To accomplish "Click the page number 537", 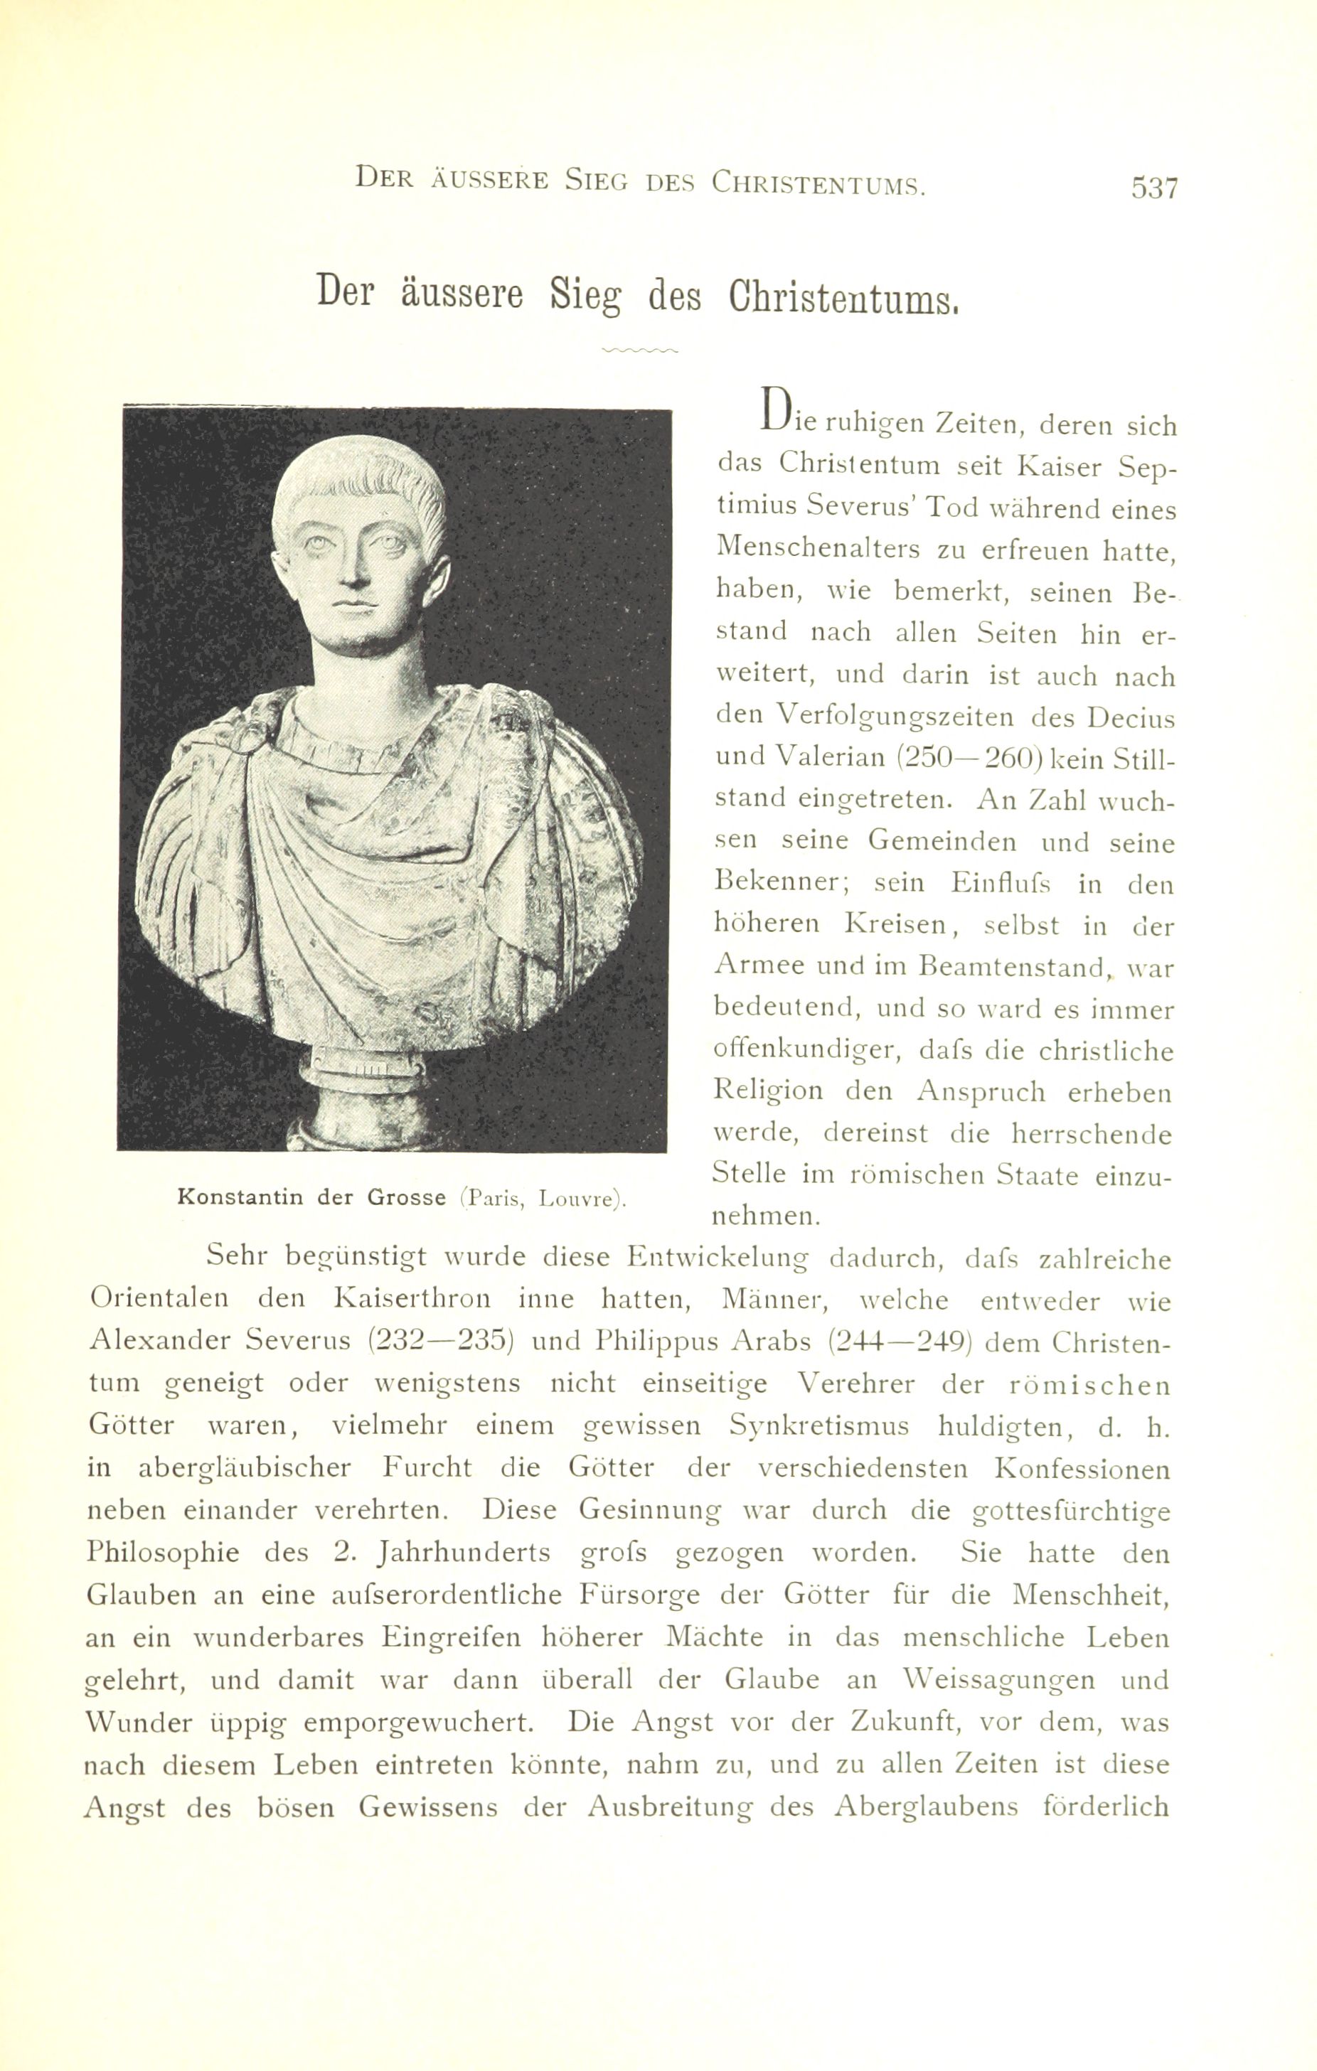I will [x=1153, y=188].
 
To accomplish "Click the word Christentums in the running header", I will [x=817, y=182].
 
